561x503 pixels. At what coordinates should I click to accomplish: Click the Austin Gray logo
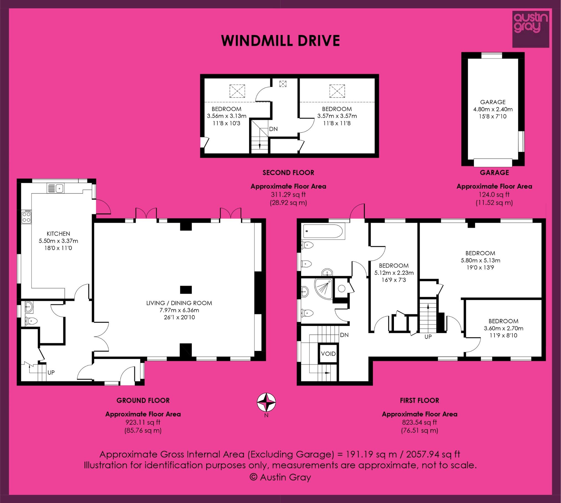(531, 29)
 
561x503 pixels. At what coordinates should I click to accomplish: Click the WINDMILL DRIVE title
(280, 41)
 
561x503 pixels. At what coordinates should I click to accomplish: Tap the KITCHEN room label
(58, 234)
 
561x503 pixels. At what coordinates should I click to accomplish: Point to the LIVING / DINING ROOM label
(179, 303)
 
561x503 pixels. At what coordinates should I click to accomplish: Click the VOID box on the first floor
(328, 354)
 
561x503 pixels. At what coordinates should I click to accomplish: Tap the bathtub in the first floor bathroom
(323, 231)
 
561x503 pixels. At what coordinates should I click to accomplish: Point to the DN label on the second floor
(273, 129)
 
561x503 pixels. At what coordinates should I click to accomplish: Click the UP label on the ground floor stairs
(51, 372)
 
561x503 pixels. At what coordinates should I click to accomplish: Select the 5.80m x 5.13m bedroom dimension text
(480, 261)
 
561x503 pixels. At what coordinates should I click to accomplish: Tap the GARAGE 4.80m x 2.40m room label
(493, 109)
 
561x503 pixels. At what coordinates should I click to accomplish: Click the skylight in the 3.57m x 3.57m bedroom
(337, 91)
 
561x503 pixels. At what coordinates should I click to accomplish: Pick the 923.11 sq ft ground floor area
(143, 422)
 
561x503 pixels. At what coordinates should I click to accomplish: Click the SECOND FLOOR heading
(288, 173)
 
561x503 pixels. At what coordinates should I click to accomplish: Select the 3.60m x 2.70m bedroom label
(503, 328)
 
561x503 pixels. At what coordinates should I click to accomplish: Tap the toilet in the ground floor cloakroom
(31, 321)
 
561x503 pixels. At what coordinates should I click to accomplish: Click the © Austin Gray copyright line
(280, 477)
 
